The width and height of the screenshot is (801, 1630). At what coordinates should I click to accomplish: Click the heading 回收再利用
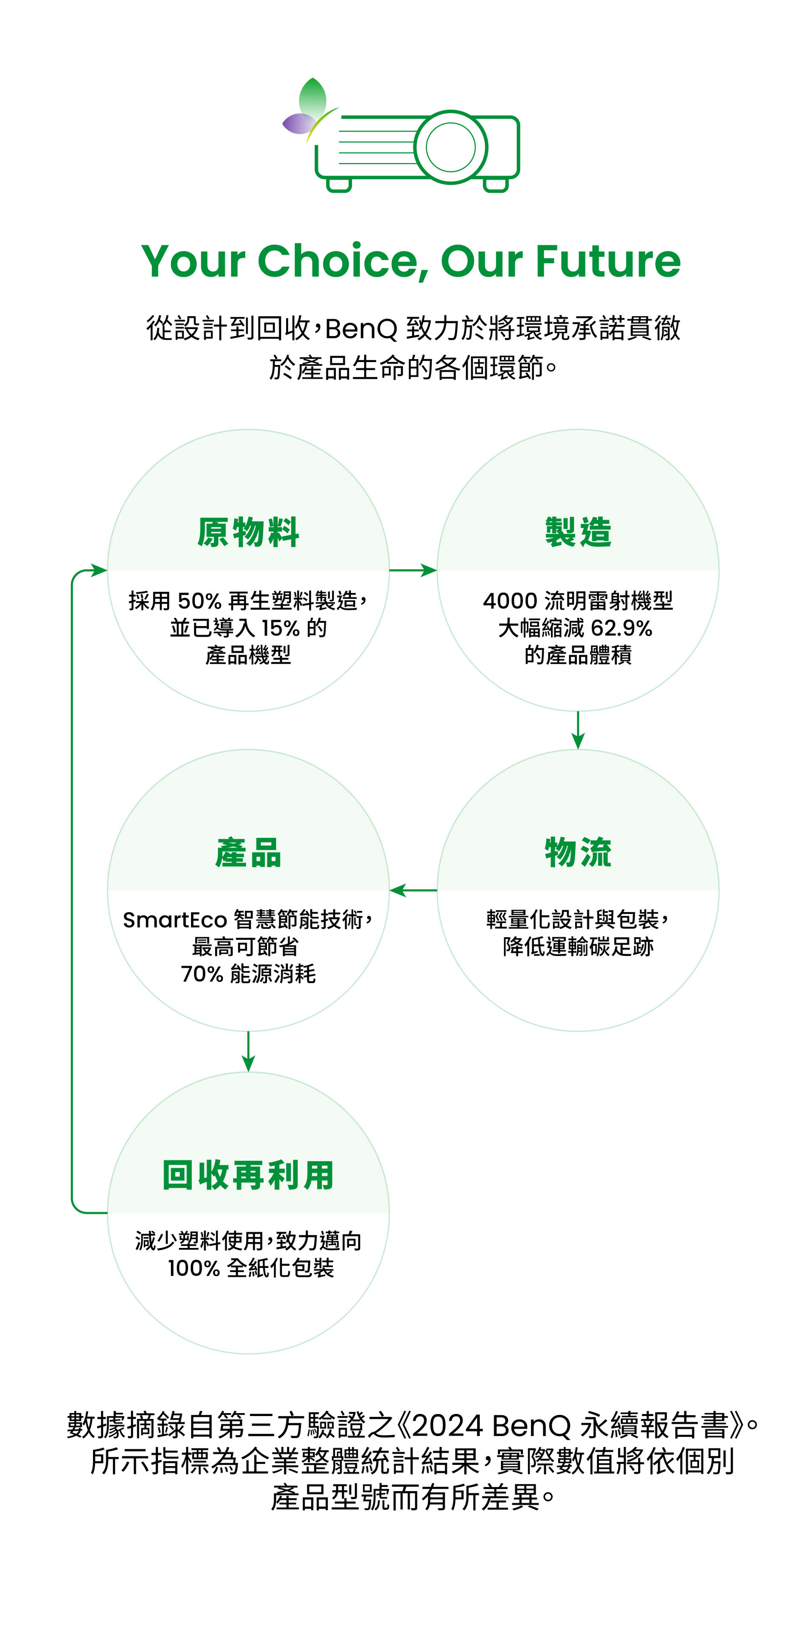[x=248, y=1175]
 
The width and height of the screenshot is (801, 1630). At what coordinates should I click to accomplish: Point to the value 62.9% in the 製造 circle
[x=621, y=628]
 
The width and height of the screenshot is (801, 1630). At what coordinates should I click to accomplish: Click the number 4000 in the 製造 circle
[x=510, y=601]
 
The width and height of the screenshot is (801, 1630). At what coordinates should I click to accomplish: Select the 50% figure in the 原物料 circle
[x=200, y=601]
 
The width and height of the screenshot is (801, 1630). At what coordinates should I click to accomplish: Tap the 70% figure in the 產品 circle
[x=202, y=973]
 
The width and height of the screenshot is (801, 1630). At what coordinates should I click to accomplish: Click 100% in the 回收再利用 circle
[x=194, y=1268]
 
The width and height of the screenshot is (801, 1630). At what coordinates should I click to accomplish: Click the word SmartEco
[x=174, y=919]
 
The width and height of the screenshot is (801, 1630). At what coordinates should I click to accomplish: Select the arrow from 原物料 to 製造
[x=413, y=570]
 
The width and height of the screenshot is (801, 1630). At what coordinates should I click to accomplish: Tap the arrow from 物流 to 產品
[x=413, y=890]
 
